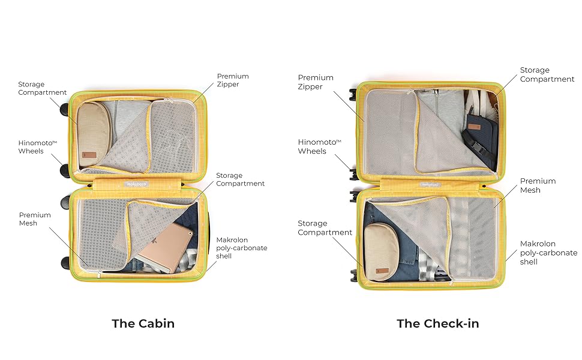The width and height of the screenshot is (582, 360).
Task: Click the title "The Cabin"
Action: coord(143,323)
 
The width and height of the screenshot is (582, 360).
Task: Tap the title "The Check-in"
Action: coord(437,323)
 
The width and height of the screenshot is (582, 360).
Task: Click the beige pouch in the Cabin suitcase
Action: coord(91,133)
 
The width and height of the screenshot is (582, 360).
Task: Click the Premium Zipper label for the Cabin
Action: coord(233,80)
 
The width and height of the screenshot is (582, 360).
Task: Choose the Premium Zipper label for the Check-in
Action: coord(316,82)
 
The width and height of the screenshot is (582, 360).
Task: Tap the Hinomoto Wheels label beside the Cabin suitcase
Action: coord(31,147)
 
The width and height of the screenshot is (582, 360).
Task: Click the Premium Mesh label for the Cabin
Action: coord(35,219)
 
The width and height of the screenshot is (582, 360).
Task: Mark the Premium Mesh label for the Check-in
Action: coord(538,185)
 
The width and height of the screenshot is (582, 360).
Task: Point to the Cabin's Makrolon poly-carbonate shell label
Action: coord(241,248)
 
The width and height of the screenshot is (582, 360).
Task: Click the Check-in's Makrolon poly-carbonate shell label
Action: coord(548,253)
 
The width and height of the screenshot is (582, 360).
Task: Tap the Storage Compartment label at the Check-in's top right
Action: coord(547,74)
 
